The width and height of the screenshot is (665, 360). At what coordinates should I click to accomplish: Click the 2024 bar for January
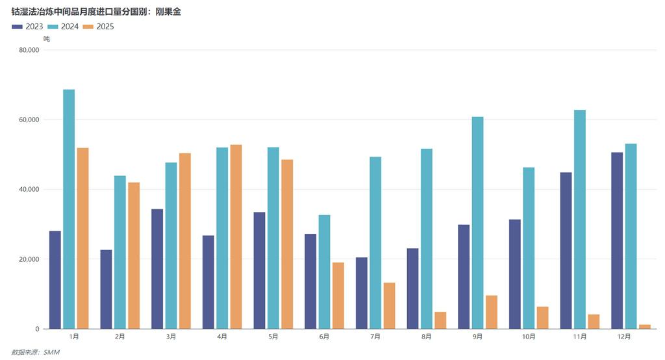pyautogui.click(x=69, y=209)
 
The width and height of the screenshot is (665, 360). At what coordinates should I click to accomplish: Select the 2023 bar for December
pyautogui.click(x=617, y=240)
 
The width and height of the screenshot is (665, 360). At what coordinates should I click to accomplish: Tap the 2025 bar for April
pyautogui.click(x=236, y=237)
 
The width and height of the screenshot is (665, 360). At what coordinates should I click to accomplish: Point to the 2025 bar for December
pyautogui.click(x=644, y=326)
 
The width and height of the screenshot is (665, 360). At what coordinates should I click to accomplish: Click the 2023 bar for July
pyautogui.click(x=361, y=293)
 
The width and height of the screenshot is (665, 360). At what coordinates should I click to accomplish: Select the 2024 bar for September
pyautogui.click(x=477, y=223)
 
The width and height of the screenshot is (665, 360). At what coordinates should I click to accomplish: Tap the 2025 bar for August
pyautogui.click(x=440, y=320)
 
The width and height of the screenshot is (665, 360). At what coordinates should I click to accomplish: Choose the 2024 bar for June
pyautogui.click(x=324, y=272)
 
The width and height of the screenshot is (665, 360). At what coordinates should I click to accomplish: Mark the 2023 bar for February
pyautogui.click(x=106, y=289)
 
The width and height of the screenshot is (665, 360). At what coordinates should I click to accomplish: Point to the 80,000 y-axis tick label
pyautogui.click(x=31, y=50)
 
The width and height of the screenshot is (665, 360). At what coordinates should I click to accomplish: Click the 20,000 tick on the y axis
pyautogui.click(x=31, y=259)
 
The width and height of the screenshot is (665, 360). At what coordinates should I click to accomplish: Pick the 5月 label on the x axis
pyautogui.click(x=273, y=337)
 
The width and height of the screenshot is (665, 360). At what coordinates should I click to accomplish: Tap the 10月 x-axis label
pyautogui.click(x=529, y=337)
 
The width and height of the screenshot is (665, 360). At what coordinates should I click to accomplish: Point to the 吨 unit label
pyautogui.click(x=46, y=39)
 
